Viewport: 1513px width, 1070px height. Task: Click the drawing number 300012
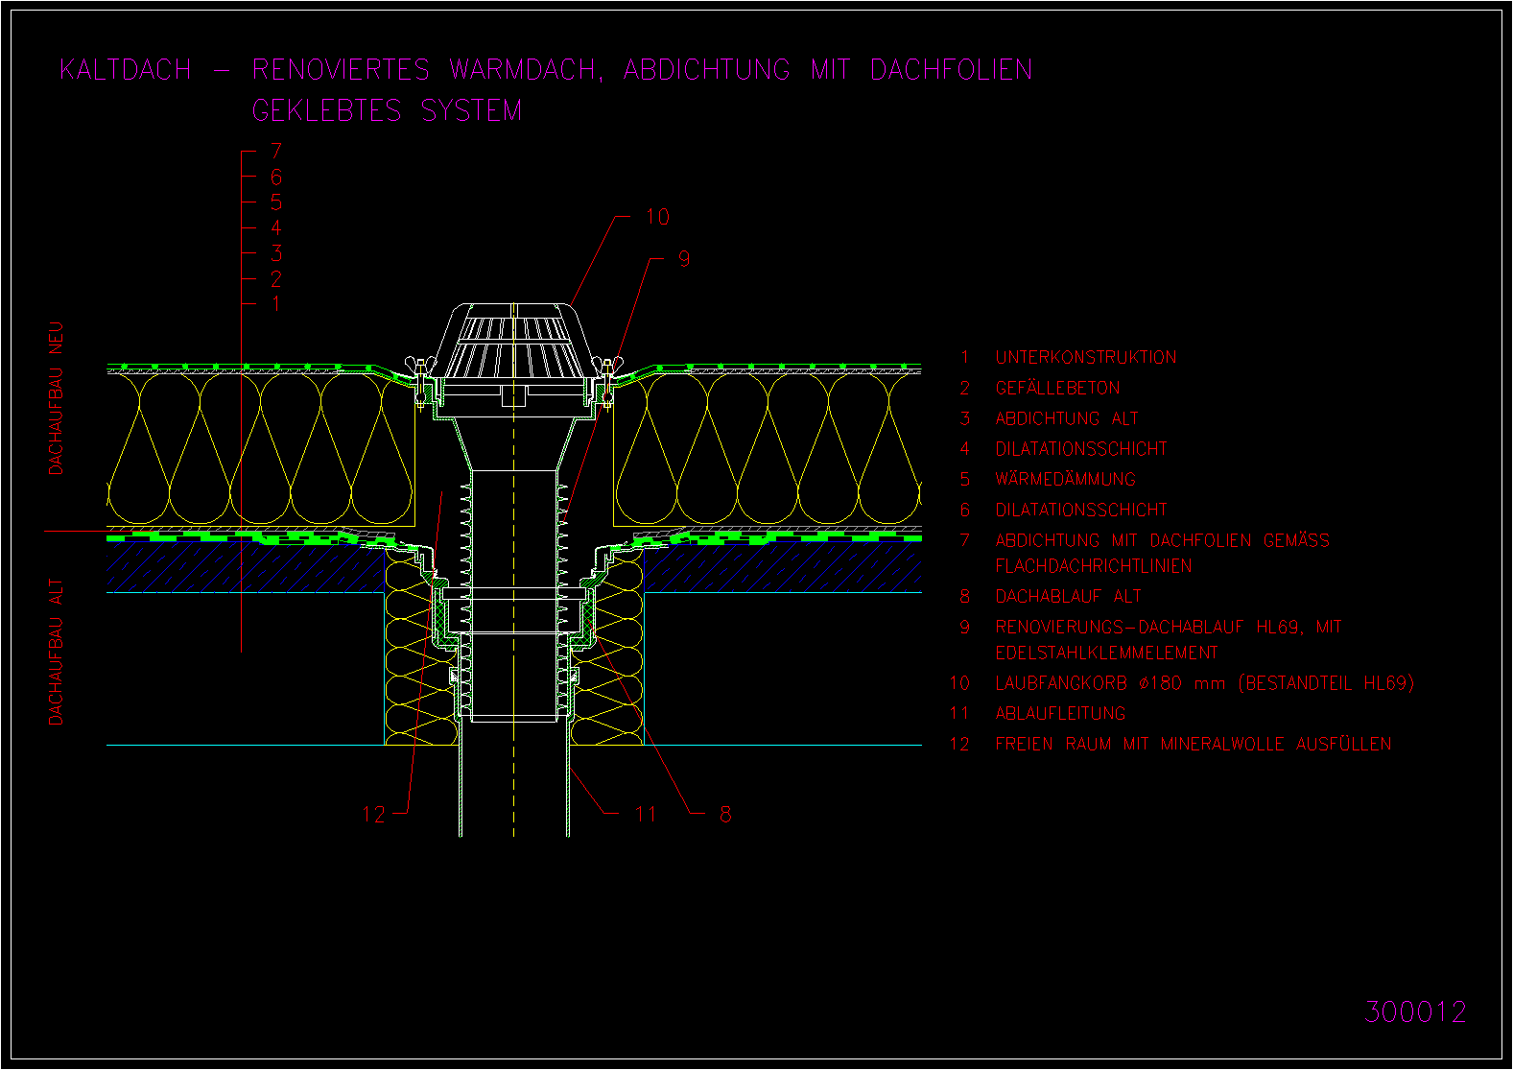[x=1415, y=1011]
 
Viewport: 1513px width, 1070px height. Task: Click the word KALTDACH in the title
[x=126, y=70]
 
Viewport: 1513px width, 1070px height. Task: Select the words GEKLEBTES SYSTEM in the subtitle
[x=387, y=110]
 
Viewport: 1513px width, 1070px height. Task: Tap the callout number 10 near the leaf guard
[x=657, y=217]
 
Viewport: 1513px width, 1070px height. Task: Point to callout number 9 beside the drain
[x=684, y=259]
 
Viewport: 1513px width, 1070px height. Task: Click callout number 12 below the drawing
[x=373, y=814]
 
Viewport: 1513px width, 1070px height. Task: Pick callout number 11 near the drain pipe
[x=646, y=814]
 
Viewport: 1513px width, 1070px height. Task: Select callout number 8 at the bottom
[x=725, y=814]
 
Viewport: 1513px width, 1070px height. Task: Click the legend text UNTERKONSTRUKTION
[x=1085, y=357]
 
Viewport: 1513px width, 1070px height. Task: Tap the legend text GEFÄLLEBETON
[x=1057, y=387]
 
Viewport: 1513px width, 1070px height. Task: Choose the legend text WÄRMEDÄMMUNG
[x=1065, y=478]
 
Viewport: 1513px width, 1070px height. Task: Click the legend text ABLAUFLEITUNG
[x=1060, y=713]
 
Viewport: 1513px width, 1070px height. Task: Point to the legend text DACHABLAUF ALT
[x=1068, y=596]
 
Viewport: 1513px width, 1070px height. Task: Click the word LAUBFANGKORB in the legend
[x=1061, y=683]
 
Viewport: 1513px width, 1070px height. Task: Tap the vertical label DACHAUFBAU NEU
[x=56, y=398]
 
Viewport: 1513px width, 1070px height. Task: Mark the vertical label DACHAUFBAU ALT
[x=56, y=652]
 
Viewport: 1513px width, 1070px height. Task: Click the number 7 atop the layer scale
[x=275, y=151]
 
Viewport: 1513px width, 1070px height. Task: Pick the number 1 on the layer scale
[x=275, y=303]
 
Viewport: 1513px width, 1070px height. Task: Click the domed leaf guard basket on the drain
[x=513, y=340]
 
